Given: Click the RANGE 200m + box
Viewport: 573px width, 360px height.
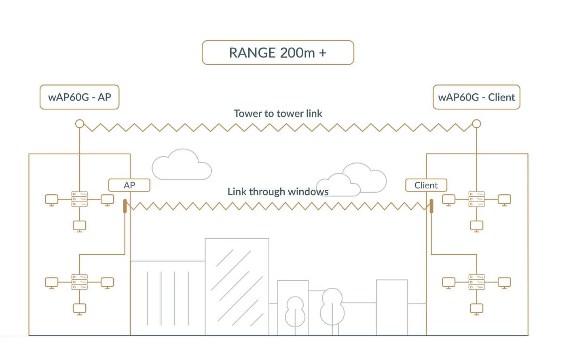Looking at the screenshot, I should point(278,53).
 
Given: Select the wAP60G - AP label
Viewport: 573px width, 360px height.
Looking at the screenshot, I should point(79,97).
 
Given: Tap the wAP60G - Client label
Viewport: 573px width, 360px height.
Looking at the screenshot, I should point(476,97).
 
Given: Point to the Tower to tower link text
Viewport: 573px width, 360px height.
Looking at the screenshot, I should point(278,114).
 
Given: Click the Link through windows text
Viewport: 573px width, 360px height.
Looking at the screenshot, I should point(278,192).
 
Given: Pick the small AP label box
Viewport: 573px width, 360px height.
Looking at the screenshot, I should point(129,185).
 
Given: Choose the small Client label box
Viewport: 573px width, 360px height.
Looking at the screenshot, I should point(426,185).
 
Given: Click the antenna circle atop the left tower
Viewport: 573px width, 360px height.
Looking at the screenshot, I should point(80,123).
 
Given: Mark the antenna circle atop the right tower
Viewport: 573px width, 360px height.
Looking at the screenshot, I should point(477,123).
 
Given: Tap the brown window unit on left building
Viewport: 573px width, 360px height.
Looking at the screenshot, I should point(125,206).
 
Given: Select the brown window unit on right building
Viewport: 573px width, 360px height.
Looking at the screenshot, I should point(431,206).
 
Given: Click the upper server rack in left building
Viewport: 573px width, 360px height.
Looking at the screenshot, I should point(80,199).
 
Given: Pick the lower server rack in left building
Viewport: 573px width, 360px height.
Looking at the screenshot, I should point(80,282).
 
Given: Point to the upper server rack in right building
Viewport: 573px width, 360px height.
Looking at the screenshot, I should point(477,199).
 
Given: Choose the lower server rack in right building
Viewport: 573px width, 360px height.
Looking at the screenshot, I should point(477,282).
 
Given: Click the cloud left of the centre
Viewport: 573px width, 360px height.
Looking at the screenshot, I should point(182,166).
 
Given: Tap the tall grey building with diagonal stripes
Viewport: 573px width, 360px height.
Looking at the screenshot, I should point(237,287).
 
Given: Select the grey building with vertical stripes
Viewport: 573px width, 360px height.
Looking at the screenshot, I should point(167,298).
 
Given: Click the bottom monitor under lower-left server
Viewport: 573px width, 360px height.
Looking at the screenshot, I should point(80,309).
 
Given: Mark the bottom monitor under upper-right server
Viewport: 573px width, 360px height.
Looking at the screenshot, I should point(477,226).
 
